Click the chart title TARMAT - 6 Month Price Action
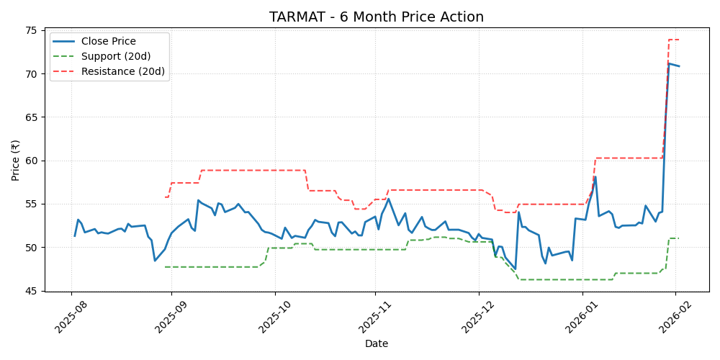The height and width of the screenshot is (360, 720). click(376, 17)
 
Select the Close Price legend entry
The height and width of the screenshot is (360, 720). click(108, 42)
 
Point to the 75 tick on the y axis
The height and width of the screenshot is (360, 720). click(33, 30)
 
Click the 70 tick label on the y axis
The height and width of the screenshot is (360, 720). click(33, 73)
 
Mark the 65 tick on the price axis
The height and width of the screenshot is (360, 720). click(33, 117)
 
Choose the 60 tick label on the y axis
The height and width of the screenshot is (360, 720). click(33, 161)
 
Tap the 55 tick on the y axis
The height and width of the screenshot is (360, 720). click(33, 204)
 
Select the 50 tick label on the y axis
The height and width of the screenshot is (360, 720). click(33, 248)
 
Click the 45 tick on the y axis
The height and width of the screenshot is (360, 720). click(33, 291)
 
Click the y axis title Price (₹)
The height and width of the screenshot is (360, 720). click(15, 161)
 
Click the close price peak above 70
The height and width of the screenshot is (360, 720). click(669, 63)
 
